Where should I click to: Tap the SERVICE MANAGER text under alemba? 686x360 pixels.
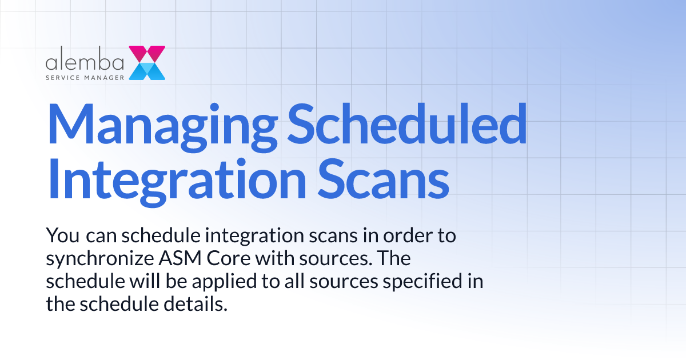click(85, 75)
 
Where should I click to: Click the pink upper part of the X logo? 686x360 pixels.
click(147, 53)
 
